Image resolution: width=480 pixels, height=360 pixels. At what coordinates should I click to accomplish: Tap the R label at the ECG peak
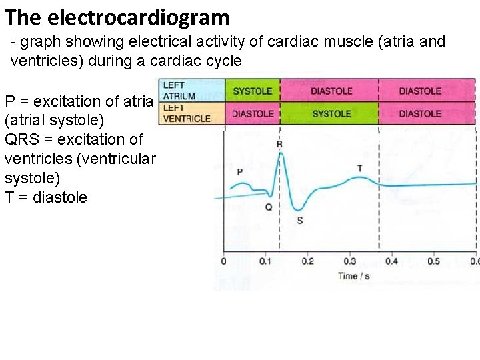279,145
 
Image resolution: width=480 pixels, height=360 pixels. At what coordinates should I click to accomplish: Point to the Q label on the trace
268,207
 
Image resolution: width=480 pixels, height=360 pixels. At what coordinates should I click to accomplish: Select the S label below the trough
299,220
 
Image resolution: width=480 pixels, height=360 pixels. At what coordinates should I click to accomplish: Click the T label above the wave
360,167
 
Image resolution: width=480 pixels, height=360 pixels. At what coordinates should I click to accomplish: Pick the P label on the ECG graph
239,172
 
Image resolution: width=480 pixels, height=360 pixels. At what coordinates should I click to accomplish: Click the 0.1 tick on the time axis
265,261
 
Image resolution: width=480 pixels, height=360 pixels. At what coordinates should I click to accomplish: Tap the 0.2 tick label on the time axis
307,261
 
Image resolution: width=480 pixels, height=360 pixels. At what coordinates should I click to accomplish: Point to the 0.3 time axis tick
349,261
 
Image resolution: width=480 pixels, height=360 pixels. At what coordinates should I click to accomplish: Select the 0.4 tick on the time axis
391,261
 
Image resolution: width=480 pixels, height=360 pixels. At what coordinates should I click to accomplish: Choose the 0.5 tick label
433,261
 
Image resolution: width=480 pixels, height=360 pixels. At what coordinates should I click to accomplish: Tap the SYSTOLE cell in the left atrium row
253,91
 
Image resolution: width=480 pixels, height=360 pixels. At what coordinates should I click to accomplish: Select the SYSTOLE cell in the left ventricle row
331,114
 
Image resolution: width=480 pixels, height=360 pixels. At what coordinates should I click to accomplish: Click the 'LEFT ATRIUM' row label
179,91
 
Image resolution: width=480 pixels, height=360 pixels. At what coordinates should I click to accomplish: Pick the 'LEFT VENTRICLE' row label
186,113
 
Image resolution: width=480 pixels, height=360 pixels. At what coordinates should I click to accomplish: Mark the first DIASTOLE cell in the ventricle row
253,114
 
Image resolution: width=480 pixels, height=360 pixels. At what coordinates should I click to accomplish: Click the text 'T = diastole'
45,197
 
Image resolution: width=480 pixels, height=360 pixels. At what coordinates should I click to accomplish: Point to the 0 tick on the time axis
223,261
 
